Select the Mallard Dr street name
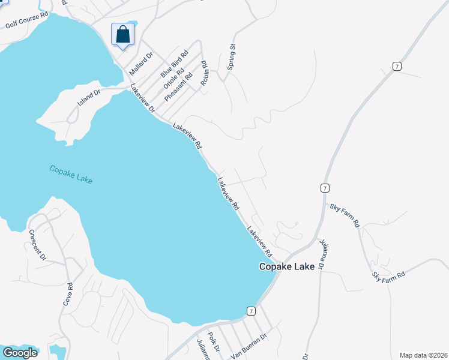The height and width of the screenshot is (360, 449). (x=142, y=62)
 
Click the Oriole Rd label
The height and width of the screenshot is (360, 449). (x=173, y=76)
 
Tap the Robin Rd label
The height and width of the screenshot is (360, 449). (x=204, y=72)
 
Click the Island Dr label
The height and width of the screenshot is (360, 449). (x=88, y=97)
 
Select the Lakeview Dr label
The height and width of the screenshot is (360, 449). (x=142, y=98)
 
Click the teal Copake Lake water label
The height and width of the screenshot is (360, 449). (x=71, y=175)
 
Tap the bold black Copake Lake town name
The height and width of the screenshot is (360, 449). (x=286, y=267)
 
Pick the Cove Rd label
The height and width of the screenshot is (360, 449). (x=70, y=294)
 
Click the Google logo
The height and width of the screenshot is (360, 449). (x=20, y=353)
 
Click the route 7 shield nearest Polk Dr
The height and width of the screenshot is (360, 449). (x=251, y=311)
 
